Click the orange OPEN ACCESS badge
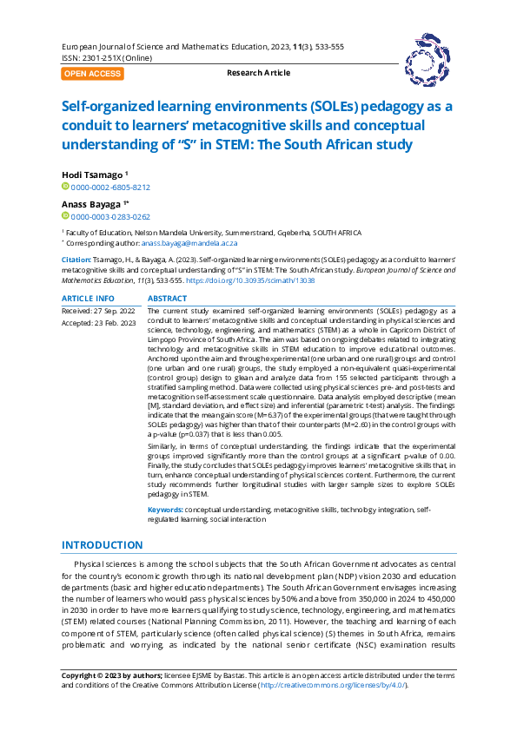click(92, 74)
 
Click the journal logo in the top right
click(426, 58)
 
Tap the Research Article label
click(258, 73)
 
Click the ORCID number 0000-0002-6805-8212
click(110, 187)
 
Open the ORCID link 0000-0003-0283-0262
click(110, 217)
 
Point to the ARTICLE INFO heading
click(87, 298)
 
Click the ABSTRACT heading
click(167, 298)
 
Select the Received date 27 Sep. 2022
click(98, 310)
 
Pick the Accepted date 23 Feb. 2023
click(98, 323)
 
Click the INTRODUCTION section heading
click(102, 545)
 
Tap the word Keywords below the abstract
click(165, 510)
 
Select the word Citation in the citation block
click(76, 259)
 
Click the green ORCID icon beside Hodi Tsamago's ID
click(65, 187)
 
